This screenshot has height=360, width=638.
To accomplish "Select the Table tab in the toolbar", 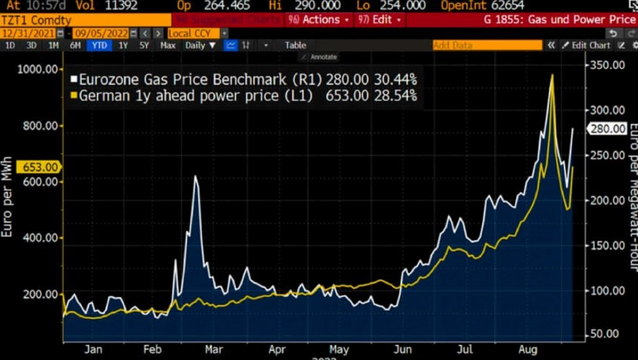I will (295, 45).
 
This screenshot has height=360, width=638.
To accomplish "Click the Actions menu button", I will (320, 20).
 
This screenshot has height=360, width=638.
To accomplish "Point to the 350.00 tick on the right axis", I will (609, 64).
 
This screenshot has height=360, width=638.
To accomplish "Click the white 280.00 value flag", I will (608, 129).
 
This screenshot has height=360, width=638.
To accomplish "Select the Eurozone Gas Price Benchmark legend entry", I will (201, 80).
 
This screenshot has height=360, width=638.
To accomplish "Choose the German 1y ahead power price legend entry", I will (196, 96).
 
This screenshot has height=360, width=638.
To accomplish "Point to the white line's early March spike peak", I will (196, 177).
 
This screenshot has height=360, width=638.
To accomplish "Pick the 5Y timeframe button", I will (144, 45).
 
